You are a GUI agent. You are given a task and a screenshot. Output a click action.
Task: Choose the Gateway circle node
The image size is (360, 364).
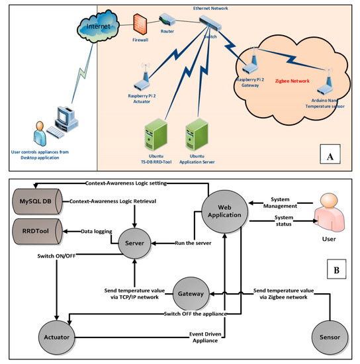click(191, 292)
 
